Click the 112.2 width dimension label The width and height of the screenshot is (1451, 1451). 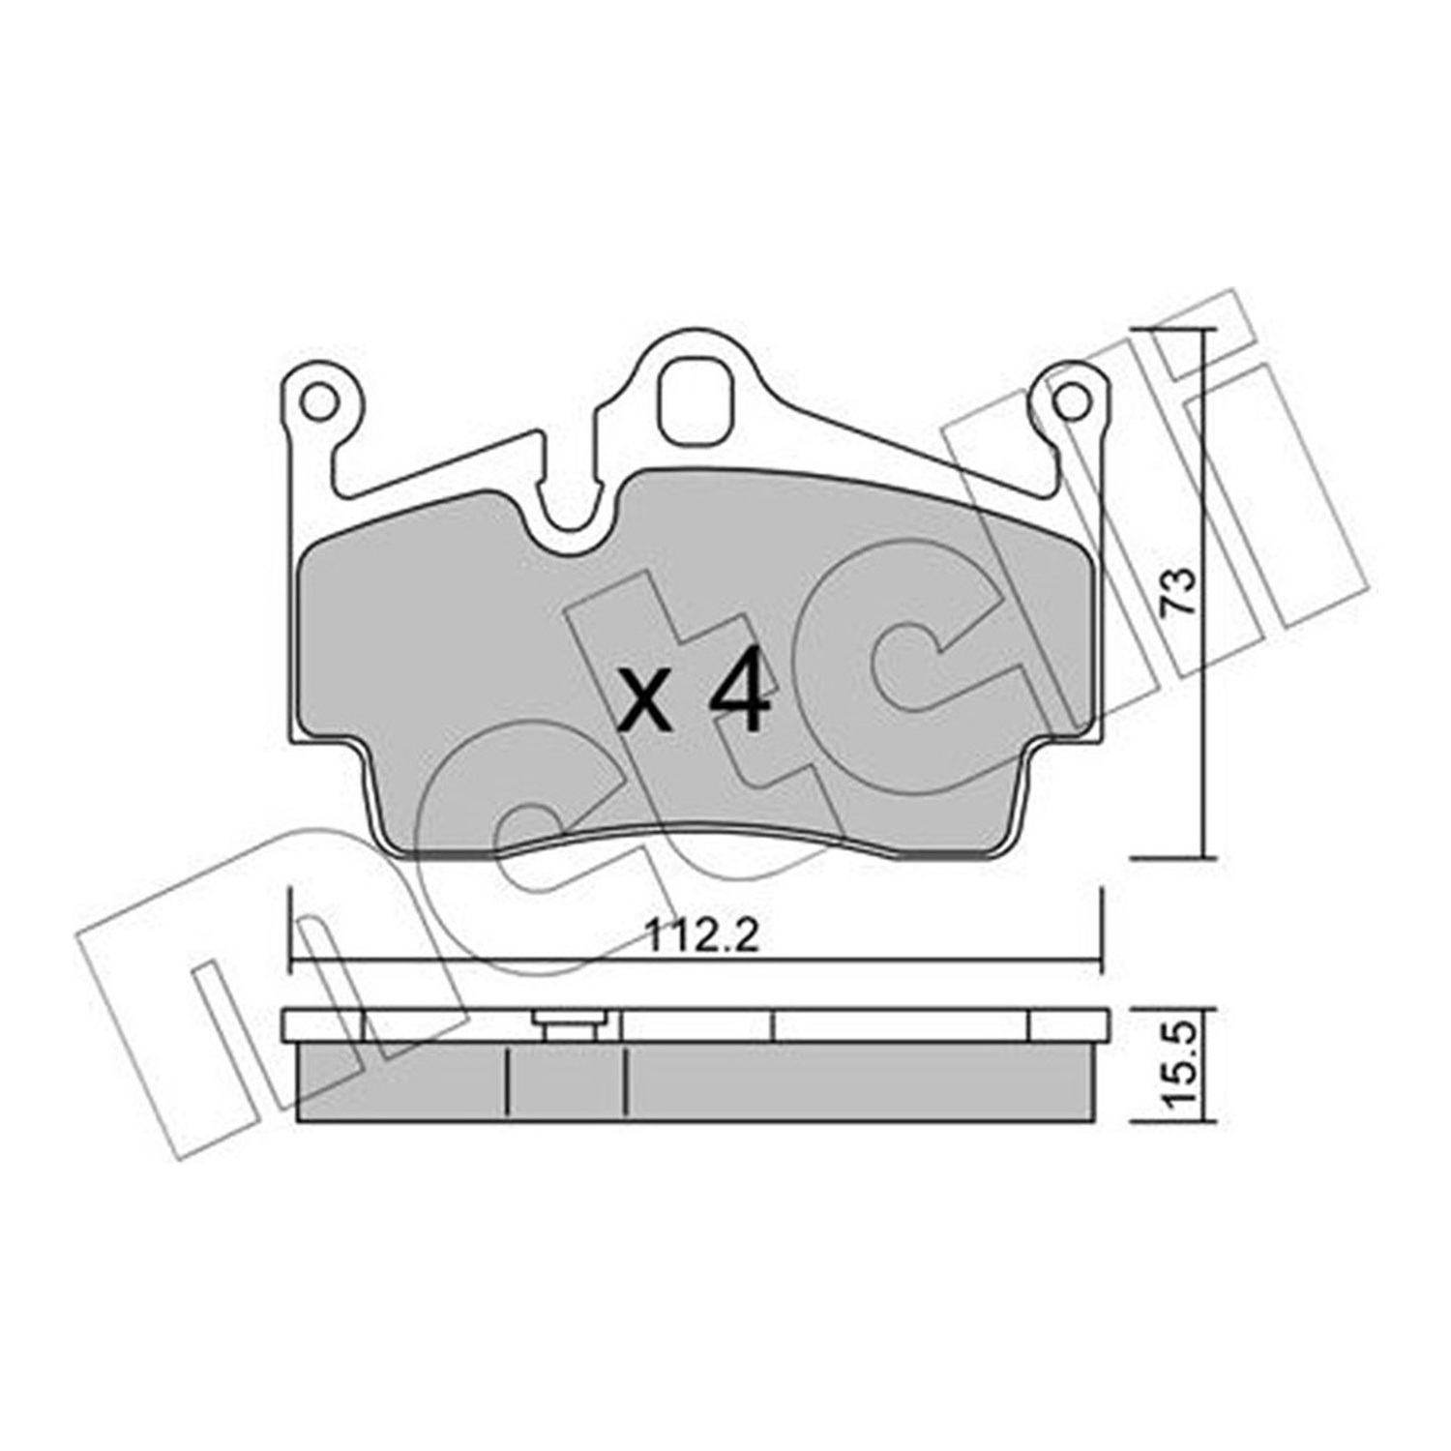(x=702, y=935)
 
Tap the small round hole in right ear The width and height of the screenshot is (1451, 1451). (x=1069, y=400)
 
